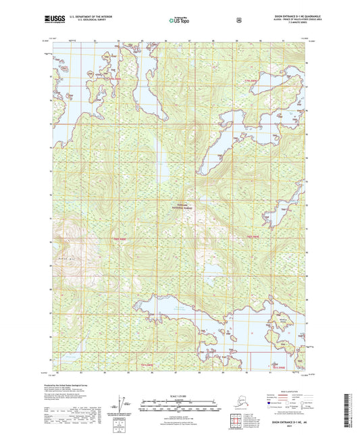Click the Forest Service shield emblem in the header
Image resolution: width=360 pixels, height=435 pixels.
tap(238, 20)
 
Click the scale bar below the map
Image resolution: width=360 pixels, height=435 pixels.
tap(180, 407)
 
